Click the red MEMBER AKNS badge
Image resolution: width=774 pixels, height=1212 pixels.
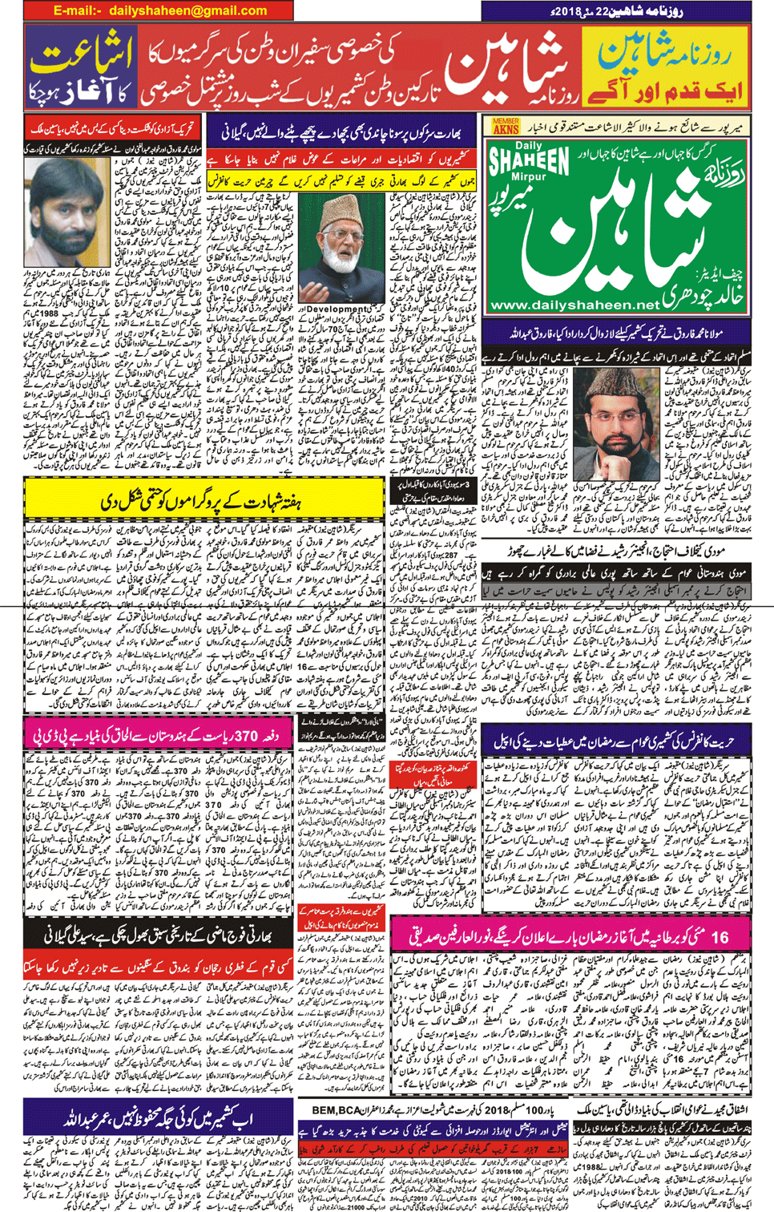pos(505,126)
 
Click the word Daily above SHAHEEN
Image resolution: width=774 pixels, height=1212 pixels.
pos(529,145)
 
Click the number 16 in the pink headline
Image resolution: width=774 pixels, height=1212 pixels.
pos(719,936)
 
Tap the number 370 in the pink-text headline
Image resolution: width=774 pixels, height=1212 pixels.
pos(246,735)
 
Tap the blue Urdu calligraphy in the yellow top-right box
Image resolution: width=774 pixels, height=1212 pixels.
pos(664,54)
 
